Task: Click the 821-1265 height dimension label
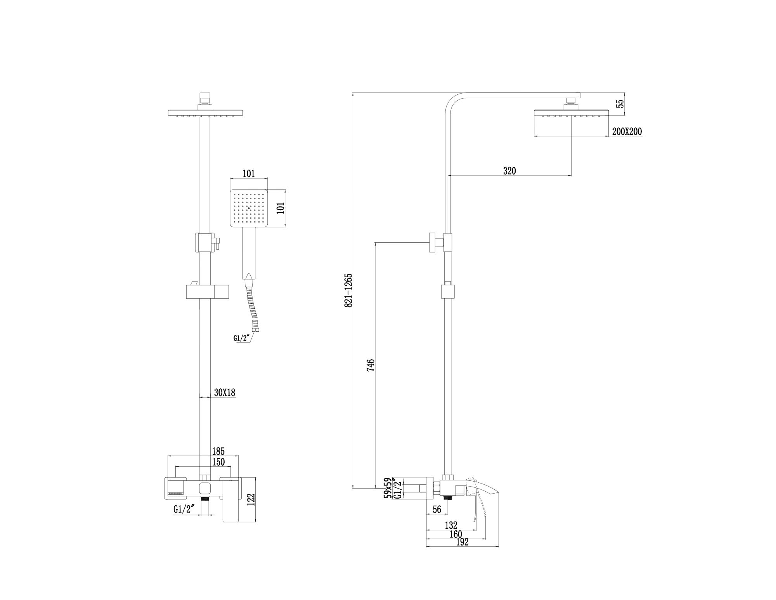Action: click(348, 290)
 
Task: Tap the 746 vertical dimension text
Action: click(371, 365)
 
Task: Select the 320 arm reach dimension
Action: click(509, 170)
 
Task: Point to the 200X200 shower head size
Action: click(627, 132)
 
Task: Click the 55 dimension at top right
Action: click(620, 103)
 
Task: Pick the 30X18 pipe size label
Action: click(225, 393)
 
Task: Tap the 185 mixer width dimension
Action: click(218, 451)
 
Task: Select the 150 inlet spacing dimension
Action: click(218, 462)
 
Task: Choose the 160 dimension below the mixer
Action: click(456, 534)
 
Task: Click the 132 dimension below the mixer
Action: click(451, 525)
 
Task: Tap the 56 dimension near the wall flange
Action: click(437, 509)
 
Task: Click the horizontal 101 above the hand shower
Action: click(249, 174)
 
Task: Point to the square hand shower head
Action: click(249, 209)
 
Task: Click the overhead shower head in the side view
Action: click(571, 113)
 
